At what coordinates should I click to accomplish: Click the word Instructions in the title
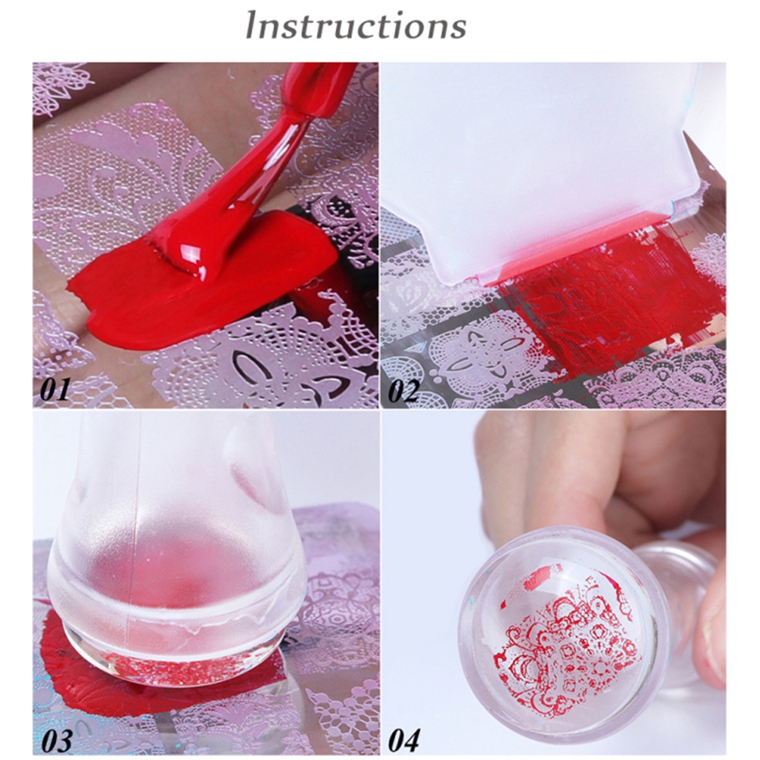[x=356, y=25]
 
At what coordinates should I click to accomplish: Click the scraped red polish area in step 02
[x=608, y=296]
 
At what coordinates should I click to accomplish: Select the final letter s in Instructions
[x=456, y=28]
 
